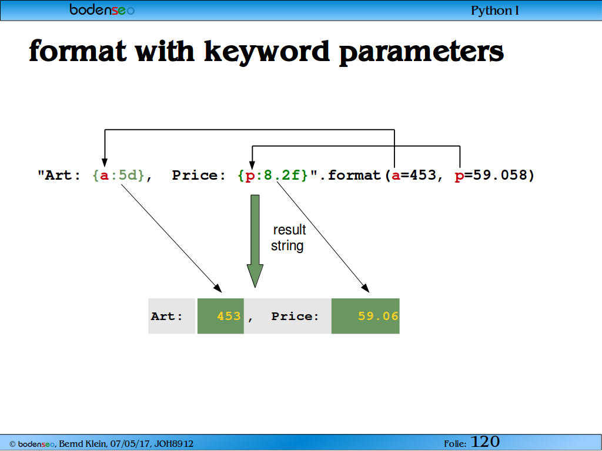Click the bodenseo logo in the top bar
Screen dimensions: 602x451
tap(102, 9)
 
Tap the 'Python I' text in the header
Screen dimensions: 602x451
tap(495, 11)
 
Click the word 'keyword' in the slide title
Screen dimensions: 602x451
tap(266, 52)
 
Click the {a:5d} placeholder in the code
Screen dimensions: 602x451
tap(118, 176)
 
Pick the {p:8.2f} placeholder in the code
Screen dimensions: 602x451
tap(273, 176)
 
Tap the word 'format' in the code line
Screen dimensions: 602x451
tap(354, 175)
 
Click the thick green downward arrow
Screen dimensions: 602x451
tap(255, 241)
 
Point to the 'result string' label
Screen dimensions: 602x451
tap(288, 238)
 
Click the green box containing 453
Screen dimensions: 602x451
tap(220, 316)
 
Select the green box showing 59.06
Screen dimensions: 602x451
tap(366, 316)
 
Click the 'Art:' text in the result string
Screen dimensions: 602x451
tap(166, 317)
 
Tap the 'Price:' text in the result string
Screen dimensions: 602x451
tap(295, 317)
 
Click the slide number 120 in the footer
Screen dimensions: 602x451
tap(485, 442)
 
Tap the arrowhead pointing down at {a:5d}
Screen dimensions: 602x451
tap(105, 163)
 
